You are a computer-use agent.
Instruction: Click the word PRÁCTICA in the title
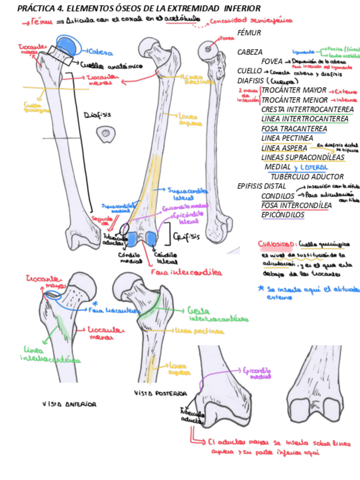(35, 8)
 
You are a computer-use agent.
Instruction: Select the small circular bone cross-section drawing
(105, 134)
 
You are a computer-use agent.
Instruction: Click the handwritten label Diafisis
(97, 114)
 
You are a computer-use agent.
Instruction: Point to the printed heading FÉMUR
(249, 33)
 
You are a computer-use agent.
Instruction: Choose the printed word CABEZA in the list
(250, 52)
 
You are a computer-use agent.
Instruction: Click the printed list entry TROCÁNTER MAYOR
(294, 90)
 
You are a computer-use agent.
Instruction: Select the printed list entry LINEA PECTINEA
(287, 138)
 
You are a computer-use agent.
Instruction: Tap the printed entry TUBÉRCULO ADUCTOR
(307, 176)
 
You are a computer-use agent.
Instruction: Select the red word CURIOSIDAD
(275, 245)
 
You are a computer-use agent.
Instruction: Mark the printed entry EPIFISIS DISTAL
(262, 186)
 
